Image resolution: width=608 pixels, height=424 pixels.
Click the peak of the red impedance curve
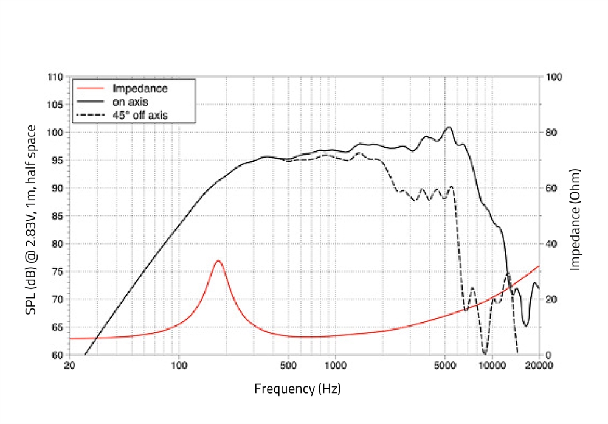point(218,261)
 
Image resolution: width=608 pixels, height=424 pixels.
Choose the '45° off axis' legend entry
point(140,114)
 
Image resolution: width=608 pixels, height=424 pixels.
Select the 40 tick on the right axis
point(551,244)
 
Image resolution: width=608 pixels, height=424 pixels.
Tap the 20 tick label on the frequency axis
point(69,366)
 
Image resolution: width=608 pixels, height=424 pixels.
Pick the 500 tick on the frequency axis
point(288,366)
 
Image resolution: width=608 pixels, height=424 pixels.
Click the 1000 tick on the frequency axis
point(335,366)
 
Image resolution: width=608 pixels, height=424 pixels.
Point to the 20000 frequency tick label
point(539,366)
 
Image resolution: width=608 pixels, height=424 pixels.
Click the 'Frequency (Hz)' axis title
point(297,388)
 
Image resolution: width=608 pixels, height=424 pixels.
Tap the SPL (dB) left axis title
point(30,219)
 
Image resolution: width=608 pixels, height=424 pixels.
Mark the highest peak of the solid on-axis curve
point(449,127)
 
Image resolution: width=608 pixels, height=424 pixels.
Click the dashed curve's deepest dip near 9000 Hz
point(485,353)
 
